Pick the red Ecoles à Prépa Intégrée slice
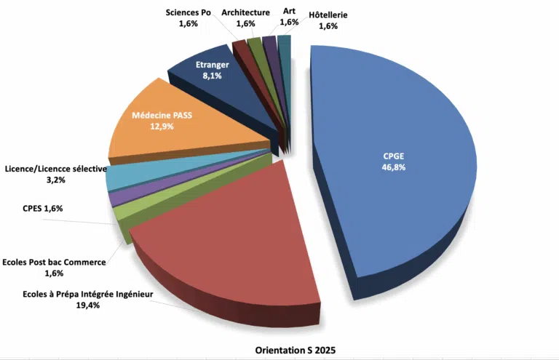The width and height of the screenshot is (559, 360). click(233, 240)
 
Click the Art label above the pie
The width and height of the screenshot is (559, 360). click(289, 12)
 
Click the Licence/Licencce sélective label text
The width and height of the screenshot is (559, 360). click(55, 168)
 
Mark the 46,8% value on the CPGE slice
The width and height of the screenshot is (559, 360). click(394, 167)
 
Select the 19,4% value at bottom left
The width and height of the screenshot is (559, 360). click(87, 305)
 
